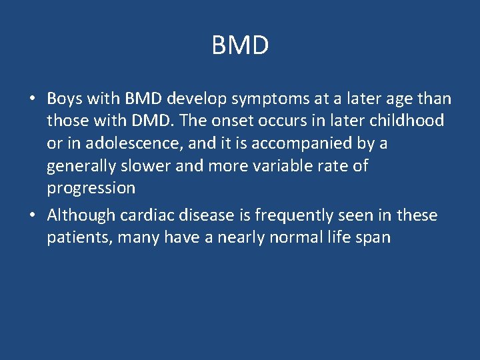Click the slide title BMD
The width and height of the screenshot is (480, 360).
[x=240, y=46]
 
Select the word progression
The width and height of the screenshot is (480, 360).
[x=91, y=188]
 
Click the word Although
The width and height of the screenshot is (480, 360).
[x=79, y=215]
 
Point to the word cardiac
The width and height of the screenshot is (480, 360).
[x=141, y=215]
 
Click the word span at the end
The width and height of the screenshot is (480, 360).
[x=373, y=237]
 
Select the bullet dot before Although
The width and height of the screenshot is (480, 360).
[x=31, y=216]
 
